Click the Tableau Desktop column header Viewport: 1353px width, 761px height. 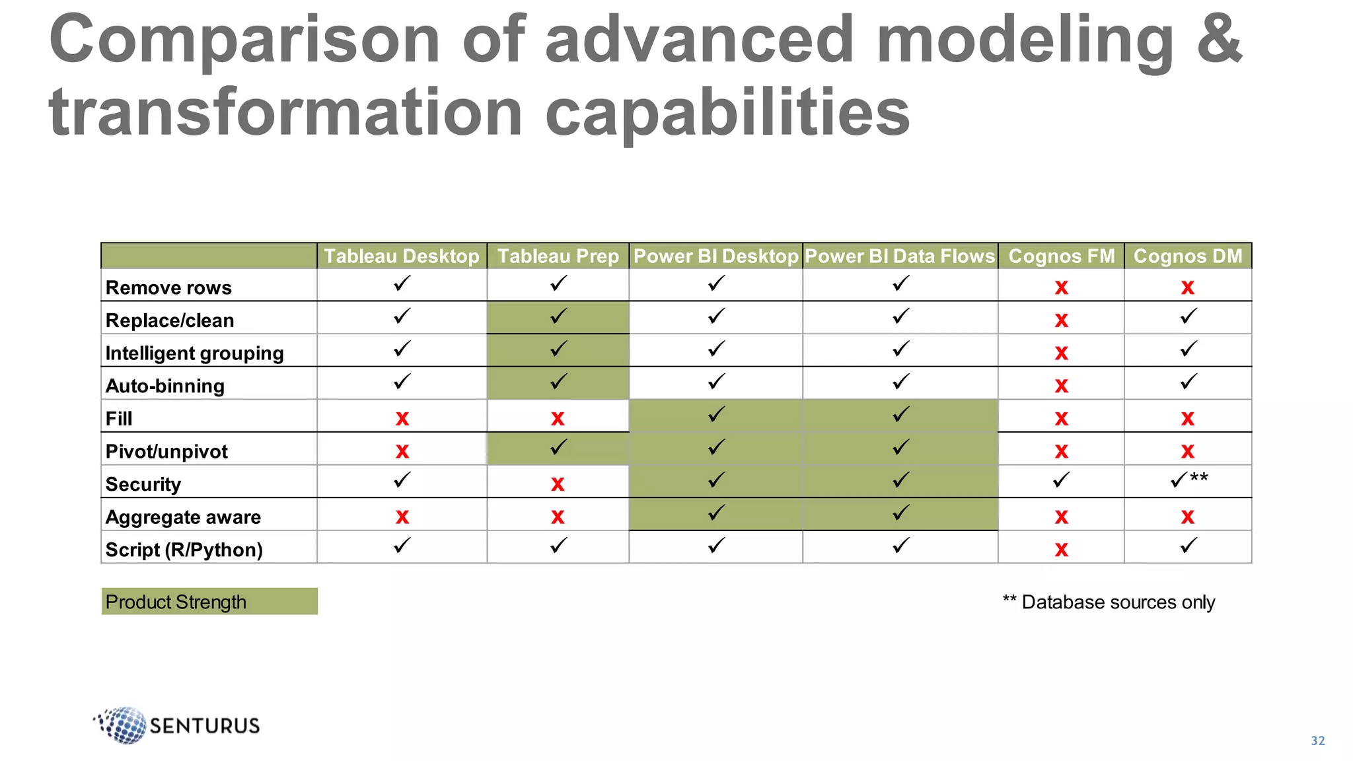pyautogui.click(x=402, y=256)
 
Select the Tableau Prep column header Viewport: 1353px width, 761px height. pyautogui.click(x=558, y=256)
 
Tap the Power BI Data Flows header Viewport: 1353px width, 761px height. pyautogui.click(x=900, y=256)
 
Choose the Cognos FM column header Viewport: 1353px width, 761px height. pyautogui.click(x=1062, y=256)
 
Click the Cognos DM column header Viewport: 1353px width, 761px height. pyautogui.click(x=1188, y=256)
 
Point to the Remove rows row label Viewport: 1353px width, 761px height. pyautogui.click(x=169, y=288)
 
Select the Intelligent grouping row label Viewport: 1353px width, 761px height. pyautogui.click(x=195, y=353)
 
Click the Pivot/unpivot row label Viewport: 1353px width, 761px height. pyautogui.click(x=166, y=452)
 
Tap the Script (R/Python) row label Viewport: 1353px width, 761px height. pyautogui.click(x=184, y=550)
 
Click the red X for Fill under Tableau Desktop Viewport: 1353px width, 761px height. pyautogui.click(x=402, y=418)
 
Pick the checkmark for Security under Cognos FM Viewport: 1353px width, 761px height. pyautogui.click(x=1061, y=480)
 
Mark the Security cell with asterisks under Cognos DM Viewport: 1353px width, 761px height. pyautogui.click(x=1188, y=480)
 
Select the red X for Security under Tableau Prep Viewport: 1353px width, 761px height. pyautogui.click(x=558, y=484)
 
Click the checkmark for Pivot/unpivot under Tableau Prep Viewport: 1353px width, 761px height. pyautogui.click(x=558, y=448)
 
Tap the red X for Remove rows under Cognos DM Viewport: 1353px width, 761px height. pyautogui.click(x=1188, y=287)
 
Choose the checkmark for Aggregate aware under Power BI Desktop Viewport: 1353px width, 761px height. pyautogui.click(x=716, y=513)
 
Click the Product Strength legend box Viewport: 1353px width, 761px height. pyautogui.click(x=209, y=602)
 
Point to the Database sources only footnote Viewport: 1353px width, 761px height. pyautogui.click(x=1109, y=602)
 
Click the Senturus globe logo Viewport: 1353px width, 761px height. pyautogui.click(x=123, y=725)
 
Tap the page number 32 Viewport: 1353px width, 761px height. pyautogui.click(x=1317, y=741)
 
